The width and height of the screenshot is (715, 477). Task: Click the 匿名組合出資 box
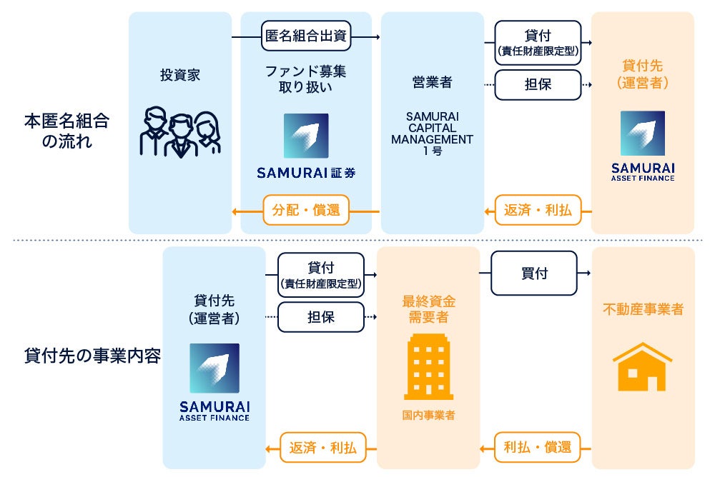(306, 36)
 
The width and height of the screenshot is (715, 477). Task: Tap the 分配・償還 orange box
(305, 211)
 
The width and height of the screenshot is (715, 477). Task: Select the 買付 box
(533, 273)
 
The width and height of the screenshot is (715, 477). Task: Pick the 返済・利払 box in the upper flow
(538, 211)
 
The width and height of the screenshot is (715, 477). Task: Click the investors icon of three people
(179, 133)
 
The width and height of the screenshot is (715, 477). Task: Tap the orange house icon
(642, 367)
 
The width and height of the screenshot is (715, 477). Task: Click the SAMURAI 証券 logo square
(306, 136)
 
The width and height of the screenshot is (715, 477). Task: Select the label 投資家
(179, 75)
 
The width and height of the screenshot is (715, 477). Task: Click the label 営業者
(432, 82)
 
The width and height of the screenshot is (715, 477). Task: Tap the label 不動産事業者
(643, 309)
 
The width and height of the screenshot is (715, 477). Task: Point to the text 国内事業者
(428, 415)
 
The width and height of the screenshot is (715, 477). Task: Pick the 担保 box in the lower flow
(321, 316)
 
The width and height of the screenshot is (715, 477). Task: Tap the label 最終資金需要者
(428, 308)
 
